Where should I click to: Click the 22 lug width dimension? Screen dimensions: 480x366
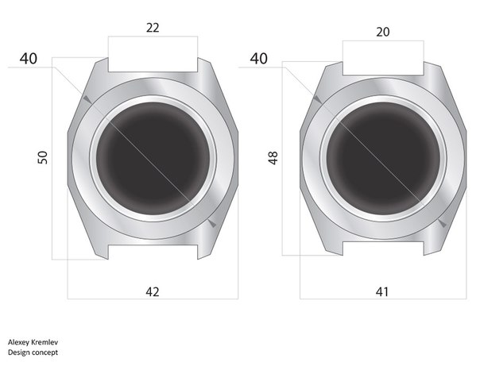point(153,28)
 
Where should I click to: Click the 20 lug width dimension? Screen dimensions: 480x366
point(383,32)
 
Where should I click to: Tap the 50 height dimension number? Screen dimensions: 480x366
point(43,157)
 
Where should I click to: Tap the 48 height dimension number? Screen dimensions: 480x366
point(273,158)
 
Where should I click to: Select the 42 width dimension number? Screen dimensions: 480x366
point(153,292)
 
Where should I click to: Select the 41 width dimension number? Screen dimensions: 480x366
point(382,292)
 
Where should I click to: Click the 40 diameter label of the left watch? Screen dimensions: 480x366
point(29,59)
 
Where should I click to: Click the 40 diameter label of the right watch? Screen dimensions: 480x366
point(258,59)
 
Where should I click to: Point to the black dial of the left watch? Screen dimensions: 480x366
point(153,158)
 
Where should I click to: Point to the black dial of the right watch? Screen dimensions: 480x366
point(383,158)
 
